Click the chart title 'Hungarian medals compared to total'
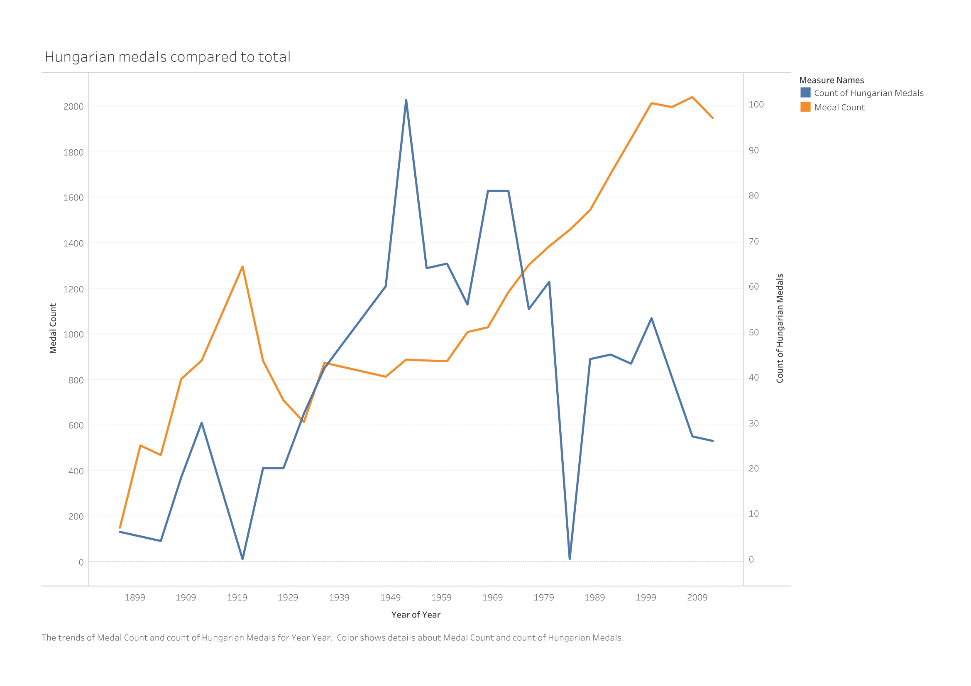(167, 57)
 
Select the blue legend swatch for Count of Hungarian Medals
(805, 93)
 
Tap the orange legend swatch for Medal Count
(805, 107)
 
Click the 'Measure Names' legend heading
(831, 81)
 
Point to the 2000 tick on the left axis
(73, 107)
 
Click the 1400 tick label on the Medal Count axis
(73, 244)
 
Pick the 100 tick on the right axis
(756, 105)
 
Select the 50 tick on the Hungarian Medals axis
(753, 333)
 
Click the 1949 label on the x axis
(390, 597)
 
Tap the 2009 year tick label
(697, 597)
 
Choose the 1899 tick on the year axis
(135, 597)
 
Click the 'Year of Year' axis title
(416, 615)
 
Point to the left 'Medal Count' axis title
(53, 328)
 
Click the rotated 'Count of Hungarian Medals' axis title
(780, 328)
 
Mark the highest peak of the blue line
(406, 100)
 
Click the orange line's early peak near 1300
(242, 267)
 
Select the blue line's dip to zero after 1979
(570, 559)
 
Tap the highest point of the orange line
(692, 97)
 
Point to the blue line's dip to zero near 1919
(242, 559)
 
